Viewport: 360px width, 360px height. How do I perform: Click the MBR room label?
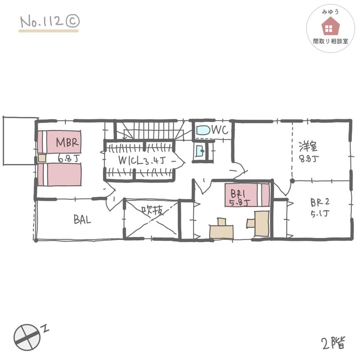pos(67,142)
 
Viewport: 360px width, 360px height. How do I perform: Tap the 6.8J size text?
pos(68,158)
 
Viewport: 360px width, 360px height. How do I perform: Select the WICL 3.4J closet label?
pos(142,160)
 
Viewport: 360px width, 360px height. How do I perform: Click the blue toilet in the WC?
pos(203,130)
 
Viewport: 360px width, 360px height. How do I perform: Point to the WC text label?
pos(220,130)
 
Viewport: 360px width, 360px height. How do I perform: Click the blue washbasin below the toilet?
pos(200,151)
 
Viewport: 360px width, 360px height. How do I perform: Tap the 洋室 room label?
pos(308,146)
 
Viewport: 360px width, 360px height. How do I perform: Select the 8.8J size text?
pos(309,158)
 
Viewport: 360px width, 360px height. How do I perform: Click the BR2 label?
pos(320,202)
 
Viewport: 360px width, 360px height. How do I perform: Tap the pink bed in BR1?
pos(247,195)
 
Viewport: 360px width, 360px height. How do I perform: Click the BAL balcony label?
pos(82,219)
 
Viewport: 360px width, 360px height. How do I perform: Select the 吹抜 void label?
pos(152,210)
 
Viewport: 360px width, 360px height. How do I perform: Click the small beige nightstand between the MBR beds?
pos(42,158)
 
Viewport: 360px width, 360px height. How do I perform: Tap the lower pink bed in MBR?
pos(59,174)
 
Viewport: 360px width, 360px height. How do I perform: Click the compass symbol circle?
pos(27,337)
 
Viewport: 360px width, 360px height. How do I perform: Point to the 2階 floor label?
pos(334,343)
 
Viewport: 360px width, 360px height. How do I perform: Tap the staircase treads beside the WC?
pos(149,130)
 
